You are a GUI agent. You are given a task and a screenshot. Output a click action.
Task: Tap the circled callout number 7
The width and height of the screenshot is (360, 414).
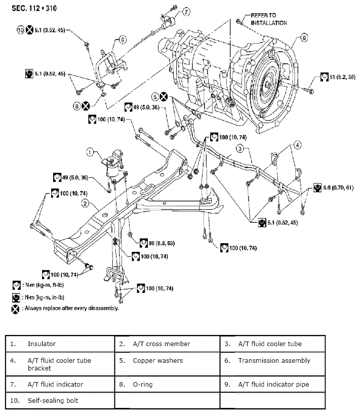pyautogui.click(x=186, y=11)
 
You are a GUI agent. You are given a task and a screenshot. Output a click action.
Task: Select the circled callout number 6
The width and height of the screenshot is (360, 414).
pyautogui.click(x=304, y=37)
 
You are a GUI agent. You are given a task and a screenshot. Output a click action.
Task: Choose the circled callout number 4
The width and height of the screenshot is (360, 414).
pyautogui.click(x=298, y=145)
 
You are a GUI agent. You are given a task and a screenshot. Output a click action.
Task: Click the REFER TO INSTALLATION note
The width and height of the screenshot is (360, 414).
pyautogui.click(x=269, y=19)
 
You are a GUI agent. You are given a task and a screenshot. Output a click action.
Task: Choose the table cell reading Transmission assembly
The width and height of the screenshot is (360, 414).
pyautogui.click(x=274, y=361)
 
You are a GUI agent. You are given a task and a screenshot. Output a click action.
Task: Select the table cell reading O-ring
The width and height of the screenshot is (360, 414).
pyautogui.click(x=142, y=384)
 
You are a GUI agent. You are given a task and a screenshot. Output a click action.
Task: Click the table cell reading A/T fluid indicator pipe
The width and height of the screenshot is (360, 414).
pyautogui.click(x=273, y=384)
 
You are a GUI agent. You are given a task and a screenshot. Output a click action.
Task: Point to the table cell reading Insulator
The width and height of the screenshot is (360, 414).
pyautogui.click(x=42, y=344)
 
